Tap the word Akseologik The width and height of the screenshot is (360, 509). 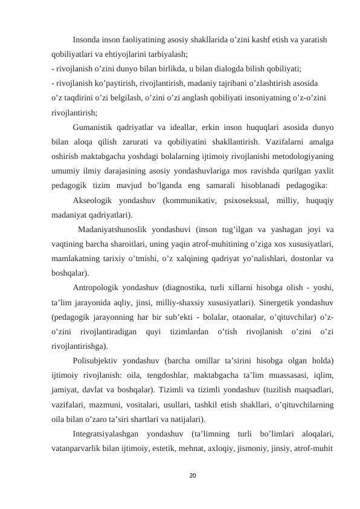[92, 201]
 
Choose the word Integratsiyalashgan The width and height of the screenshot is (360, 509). [105, 434]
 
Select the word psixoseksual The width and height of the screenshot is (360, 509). [247, 201]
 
